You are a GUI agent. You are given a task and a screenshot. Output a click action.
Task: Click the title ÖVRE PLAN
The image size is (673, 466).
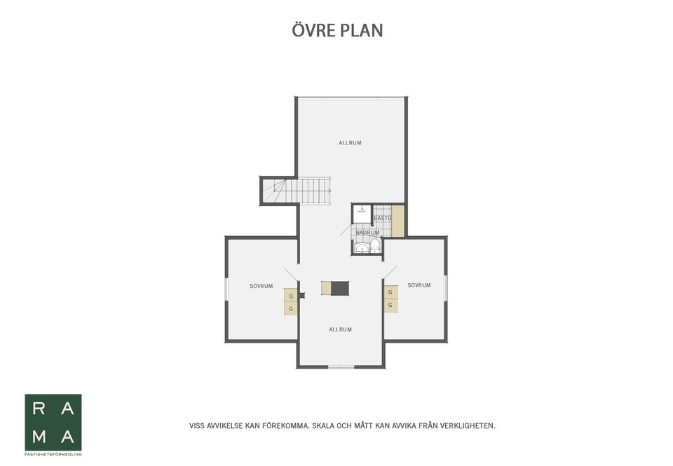coord(337,30)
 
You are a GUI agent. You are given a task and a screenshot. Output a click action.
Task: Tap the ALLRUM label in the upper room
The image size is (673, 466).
coord(350,143)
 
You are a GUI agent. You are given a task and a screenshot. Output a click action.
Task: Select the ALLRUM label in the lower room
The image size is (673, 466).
coord(341,329)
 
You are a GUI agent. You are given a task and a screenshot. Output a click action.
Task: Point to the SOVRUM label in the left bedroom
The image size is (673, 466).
coord(261,286)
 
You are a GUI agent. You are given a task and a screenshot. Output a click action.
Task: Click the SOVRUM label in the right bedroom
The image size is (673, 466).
coord(419,285)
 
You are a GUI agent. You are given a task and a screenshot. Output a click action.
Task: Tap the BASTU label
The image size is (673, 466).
coord(382,219)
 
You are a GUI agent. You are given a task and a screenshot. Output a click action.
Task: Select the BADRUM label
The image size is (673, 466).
coord(368,233)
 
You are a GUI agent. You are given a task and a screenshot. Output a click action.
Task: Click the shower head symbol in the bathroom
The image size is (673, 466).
coord(362,210)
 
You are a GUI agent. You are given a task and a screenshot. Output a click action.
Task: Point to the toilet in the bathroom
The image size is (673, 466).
coord(375,246)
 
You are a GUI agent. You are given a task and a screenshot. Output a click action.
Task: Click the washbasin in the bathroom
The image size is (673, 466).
coord(362,247)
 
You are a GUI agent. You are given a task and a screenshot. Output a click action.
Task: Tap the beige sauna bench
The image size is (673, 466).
coord(398,221)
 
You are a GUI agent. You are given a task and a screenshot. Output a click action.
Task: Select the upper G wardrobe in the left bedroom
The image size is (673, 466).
coord(290,296)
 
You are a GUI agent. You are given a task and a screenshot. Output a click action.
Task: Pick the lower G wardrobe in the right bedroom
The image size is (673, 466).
coord(390,305)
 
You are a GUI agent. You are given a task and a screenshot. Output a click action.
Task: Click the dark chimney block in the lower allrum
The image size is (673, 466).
coord(340,288)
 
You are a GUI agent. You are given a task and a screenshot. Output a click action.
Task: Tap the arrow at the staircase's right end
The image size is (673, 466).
coord(329,191)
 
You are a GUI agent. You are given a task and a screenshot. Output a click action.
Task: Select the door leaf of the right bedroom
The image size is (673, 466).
coord(390,273)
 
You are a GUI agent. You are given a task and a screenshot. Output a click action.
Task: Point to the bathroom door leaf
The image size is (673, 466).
coord(347,230)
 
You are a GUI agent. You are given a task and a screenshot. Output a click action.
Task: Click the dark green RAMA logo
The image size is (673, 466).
coord(53,423)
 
